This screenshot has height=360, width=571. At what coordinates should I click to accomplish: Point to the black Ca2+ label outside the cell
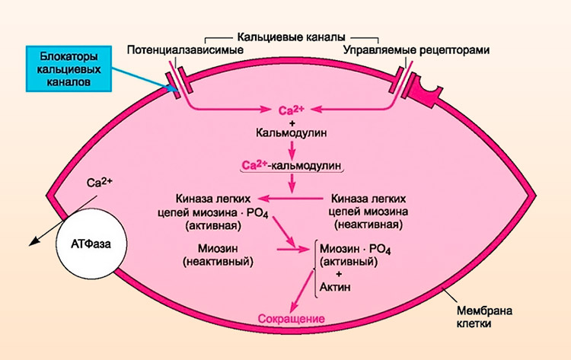(100, 183)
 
